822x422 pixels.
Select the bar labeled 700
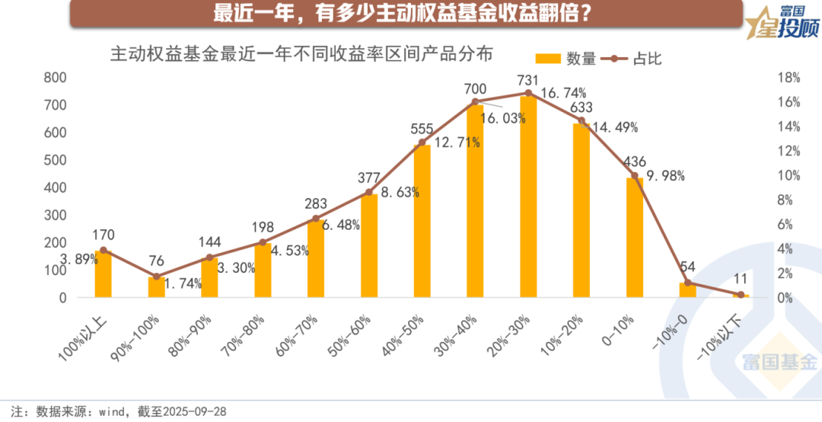475,201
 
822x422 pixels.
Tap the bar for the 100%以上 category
104,273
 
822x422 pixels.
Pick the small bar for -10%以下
741,296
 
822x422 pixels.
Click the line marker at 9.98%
634,176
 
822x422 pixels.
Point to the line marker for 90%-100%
157,277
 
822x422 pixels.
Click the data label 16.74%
564,93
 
